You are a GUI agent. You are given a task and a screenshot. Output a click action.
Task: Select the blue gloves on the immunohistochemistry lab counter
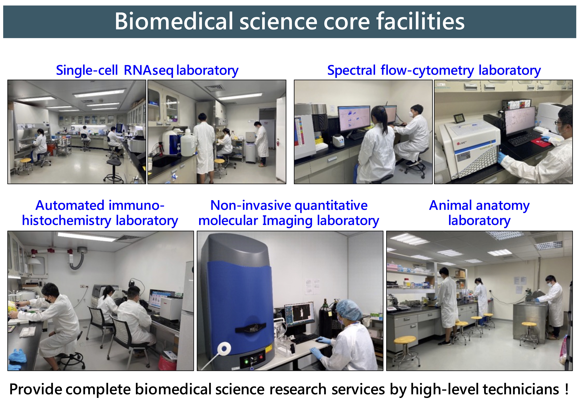click(x=16, y=358)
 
